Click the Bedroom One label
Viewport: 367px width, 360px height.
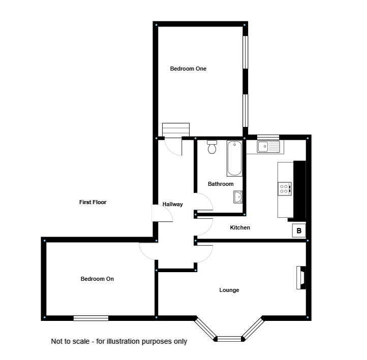188,69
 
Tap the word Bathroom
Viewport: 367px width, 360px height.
221,184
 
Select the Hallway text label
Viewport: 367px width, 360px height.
172,204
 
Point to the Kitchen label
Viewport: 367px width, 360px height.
240,227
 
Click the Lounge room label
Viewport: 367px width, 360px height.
229,290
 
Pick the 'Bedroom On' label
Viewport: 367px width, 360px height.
97,279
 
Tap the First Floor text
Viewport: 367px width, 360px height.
93,202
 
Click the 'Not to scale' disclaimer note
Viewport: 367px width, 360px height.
119,341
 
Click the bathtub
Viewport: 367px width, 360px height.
234,158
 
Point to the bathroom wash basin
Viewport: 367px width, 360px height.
238,197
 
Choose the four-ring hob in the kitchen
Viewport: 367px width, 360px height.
285,189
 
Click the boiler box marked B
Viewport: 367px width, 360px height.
299,231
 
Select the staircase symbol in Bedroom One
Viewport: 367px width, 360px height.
175,130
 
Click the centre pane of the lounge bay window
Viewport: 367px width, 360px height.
229,338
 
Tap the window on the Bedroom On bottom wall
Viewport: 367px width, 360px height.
91,318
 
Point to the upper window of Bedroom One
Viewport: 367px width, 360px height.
246,51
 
